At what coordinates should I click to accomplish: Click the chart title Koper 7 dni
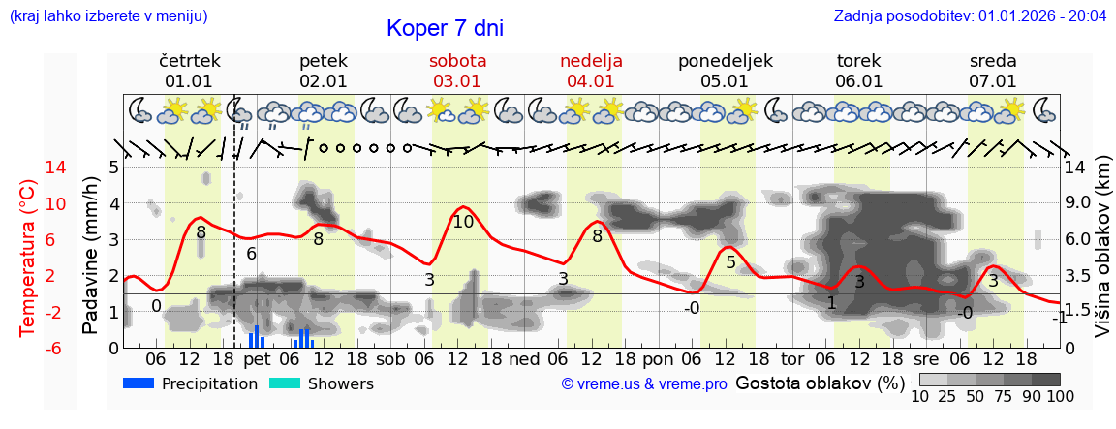[x=445, y=28]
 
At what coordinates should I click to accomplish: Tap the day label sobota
[x=457, y=61]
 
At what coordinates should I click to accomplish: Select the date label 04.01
[x=591, y=81]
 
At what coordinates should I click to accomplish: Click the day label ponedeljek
[x=725, y=61]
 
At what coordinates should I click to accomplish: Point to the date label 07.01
[x=993, y=81]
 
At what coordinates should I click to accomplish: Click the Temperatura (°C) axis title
[x=29, y=258]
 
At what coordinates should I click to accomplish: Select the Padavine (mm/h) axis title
[x=91, y=256]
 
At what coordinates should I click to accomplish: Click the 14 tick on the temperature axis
[x=29, y=168]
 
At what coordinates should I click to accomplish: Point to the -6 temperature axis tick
[x=29, y=348]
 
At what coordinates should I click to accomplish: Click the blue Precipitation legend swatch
[x=139, y=383]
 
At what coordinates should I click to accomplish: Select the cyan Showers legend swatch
[x=285, y=383]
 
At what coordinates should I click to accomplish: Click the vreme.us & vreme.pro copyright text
[x=644, y=384]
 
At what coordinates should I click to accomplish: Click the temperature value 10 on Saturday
[x=463, y=222]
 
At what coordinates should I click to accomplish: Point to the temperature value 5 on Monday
[x=730, y=261]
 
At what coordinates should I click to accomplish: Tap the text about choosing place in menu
[x=108, y=16]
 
